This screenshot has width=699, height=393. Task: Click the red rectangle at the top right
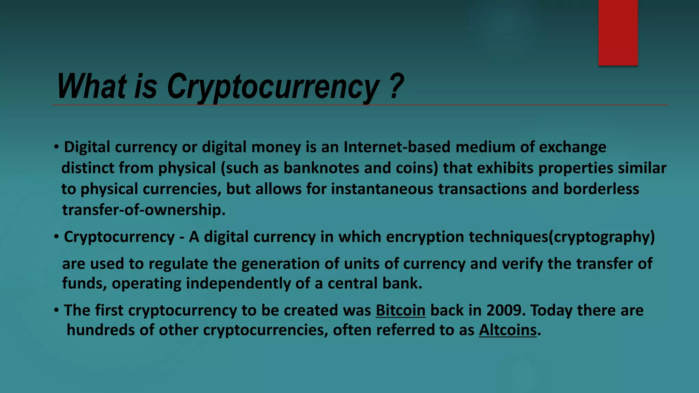[618, 32]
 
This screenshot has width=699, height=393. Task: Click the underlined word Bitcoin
[400, 310]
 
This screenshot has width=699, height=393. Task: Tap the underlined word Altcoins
[508, 330]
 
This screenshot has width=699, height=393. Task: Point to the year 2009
[504, 310]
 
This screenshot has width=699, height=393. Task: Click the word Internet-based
[397, 147]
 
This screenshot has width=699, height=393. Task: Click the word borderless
[601, 189]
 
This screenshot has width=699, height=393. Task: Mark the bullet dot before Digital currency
[57, 147]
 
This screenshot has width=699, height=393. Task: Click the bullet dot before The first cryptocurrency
[57, 310]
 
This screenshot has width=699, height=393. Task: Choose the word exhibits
[505, 168]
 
